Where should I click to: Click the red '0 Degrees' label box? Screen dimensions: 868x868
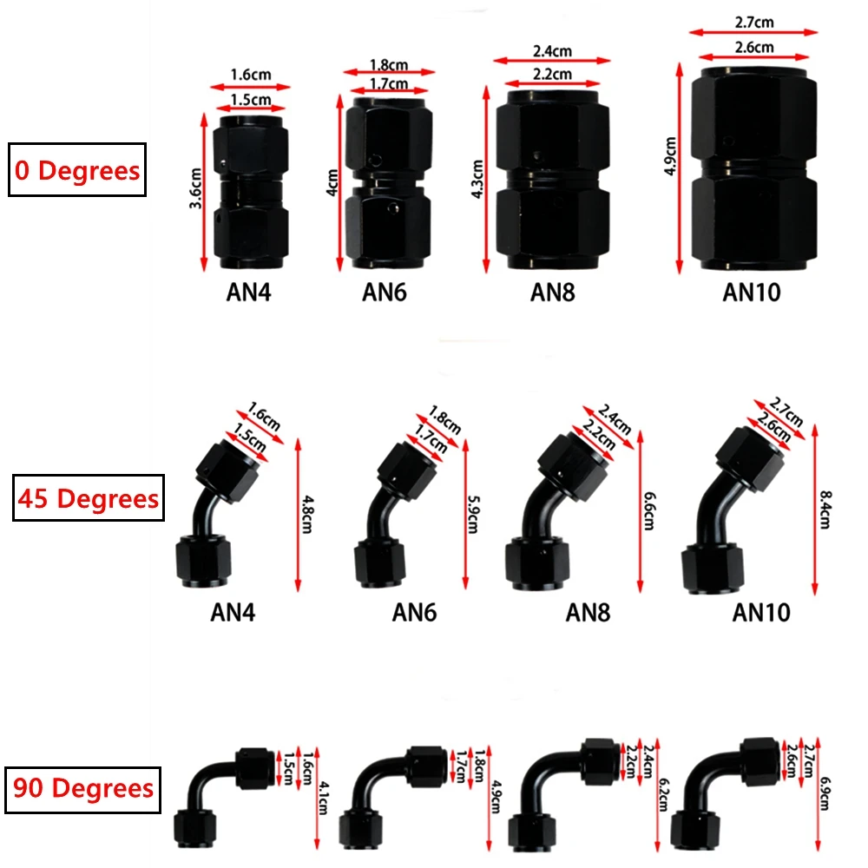point(76,170)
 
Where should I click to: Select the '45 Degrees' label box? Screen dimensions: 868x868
point(88,497)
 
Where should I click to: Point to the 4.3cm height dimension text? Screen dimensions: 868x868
point(477,179)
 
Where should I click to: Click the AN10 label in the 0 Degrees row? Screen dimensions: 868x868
point(752,293)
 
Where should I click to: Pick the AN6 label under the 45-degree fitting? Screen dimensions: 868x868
point(414,613)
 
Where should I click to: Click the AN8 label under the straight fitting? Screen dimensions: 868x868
point(553,293)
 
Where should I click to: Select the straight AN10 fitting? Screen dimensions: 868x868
point(754,170)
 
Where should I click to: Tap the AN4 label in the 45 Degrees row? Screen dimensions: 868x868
point(234,613)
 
